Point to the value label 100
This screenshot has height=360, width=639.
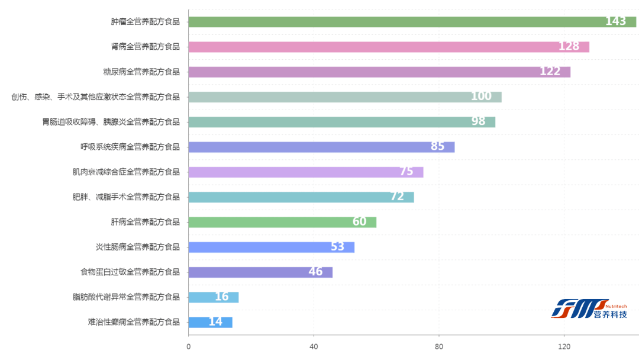[481, 97]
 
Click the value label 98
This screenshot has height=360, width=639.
[478, 121]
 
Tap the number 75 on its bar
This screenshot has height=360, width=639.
[406, 172]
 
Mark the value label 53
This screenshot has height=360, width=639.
[337, 247]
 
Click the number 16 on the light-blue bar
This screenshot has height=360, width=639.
[221, 297]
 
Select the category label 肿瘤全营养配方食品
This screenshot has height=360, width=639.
[145, 22]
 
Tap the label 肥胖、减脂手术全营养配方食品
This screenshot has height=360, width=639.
[126, 197]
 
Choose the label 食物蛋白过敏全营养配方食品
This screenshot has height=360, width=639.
[130, 272]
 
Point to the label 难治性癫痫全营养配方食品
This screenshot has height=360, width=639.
[134, 322]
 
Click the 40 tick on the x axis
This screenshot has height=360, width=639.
[314, 347]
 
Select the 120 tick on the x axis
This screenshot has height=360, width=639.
[564, 347]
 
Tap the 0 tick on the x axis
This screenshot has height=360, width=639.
[188, 347]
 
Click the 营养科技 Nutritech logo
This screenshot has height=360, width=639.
[589, 308]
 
